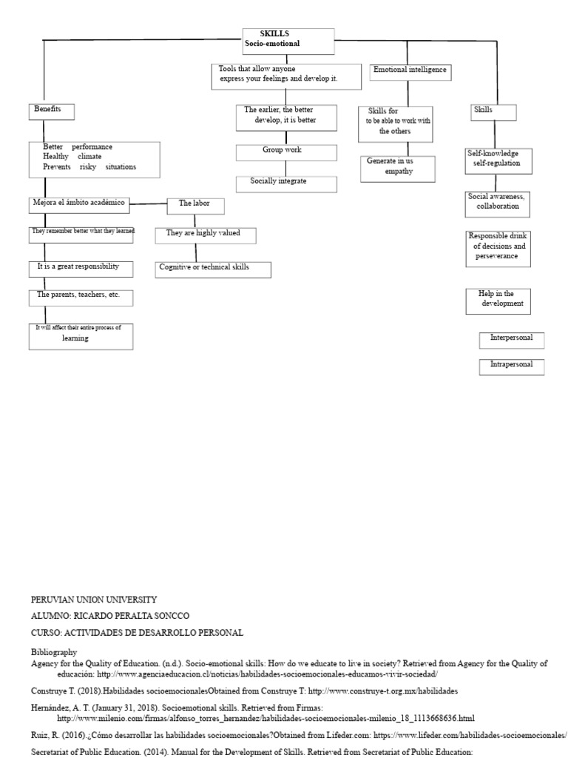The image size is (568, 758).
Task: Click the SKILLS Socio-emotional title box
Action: (x=288, y=41)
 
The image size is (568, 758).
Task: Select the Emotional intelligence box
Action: (x=410, y=71)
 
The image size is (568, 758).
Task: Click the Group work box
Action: (x=286, y=152)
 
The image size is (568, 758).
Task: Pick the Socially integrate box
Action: (x=286, y=183)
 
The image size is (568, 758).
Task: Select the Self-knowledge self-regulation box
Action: (x=498, y=160)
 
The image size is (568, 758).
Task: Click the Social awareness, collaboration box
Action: (x=498, y=202)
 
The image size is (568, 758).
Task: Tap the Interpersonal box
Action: (x=512, y=340)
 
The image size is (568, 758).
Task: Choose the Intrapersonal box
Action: (x=512, y=366)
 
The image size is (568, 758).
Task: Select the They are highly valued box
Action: (x=207, y=235)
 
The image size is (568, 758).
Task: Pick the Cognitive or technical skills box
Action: (x=214, y=269)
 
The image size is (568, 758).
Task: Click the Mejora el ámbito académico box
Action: (x=81, y=204)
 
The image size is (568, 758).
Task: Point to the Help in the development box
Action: (x=498, y=300)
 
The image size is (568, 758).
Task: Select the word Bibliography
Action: (x=53, y=652)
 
